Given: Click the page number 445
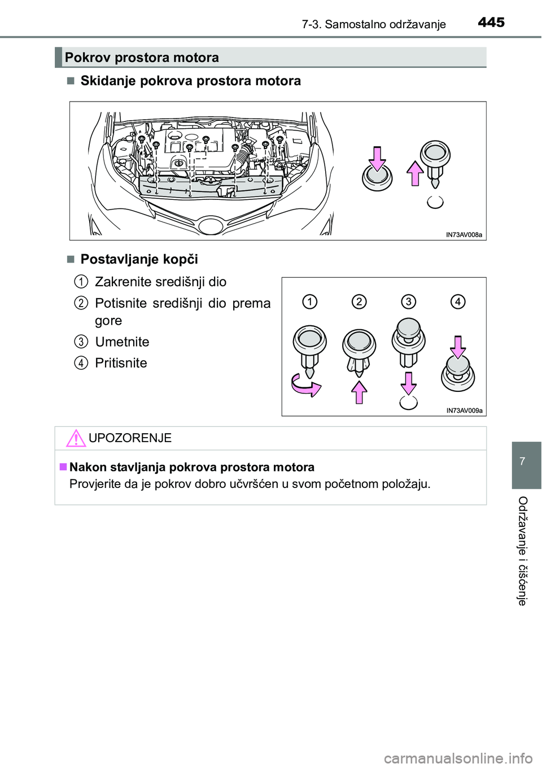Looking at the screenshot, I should tap(491, 22).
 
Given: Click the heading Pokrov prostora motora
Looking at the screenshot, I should tap(142, 58).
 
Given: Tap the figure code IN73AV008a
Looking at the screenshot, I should tap(464, 235).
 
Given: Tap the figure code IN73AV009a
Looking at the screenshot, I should tap(464, 411).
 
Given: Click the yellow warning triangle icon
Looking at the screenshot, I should tap(76, 438).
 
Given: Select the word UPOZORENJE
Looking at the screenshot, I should tap(130, 438).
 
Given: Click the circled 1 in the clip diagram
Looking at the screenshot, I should tap(309, 302).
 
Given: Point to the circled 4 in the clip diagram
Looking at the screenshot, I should tap(458, 302).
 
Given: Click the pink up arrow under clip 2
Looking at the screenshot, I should tap(359, 391).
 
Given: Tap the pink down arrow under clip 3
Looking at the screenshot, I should tap(408, 383).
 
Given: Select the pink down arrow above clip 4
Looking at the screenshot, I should tap(458, 347).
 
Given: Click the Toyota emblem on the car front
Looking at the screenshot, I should tap(211, 226).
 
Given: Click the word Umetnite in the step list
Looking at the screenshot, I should tap(122, 342).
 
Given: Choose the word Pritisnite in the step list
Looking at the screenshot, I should tap(121, 363).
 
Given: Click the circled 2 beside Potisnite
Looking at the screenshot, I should tap(81, 303).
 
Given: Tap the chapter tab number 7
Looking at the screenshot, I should tap(522, 461).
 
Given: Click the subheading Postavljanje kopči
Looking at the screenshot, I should tap(139, 259).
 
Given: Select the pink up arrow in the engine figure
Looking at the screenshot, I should tap(416, 173).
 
